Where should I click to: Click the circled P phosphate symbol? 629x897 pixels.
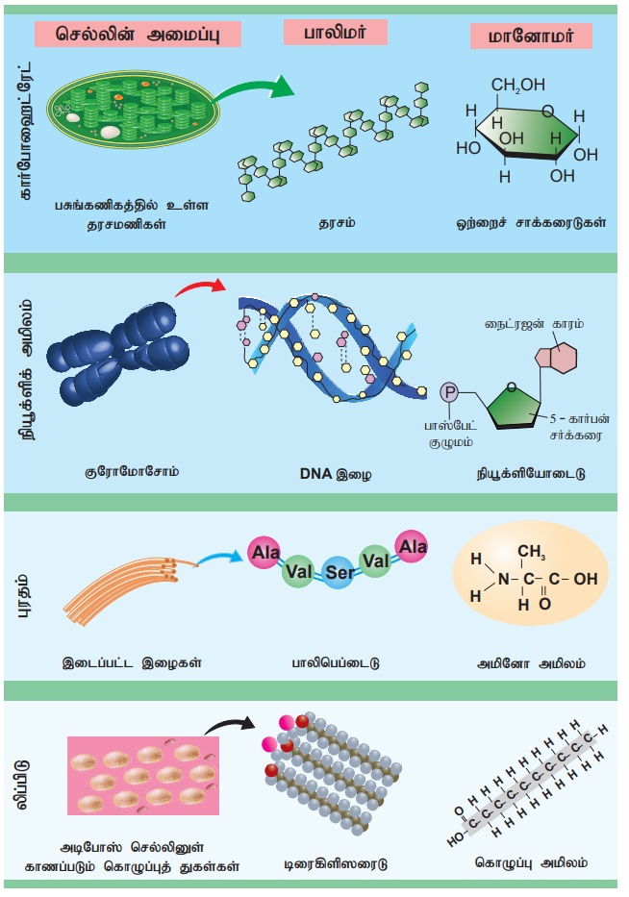coord(448,391)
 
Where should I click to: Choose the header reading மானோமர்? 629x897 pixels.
coord(530,37)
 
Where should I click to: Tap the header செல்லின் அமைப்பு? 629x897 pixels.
coord(135,34)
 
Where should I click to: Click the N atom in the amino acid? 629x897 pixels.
coord(501,580)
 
